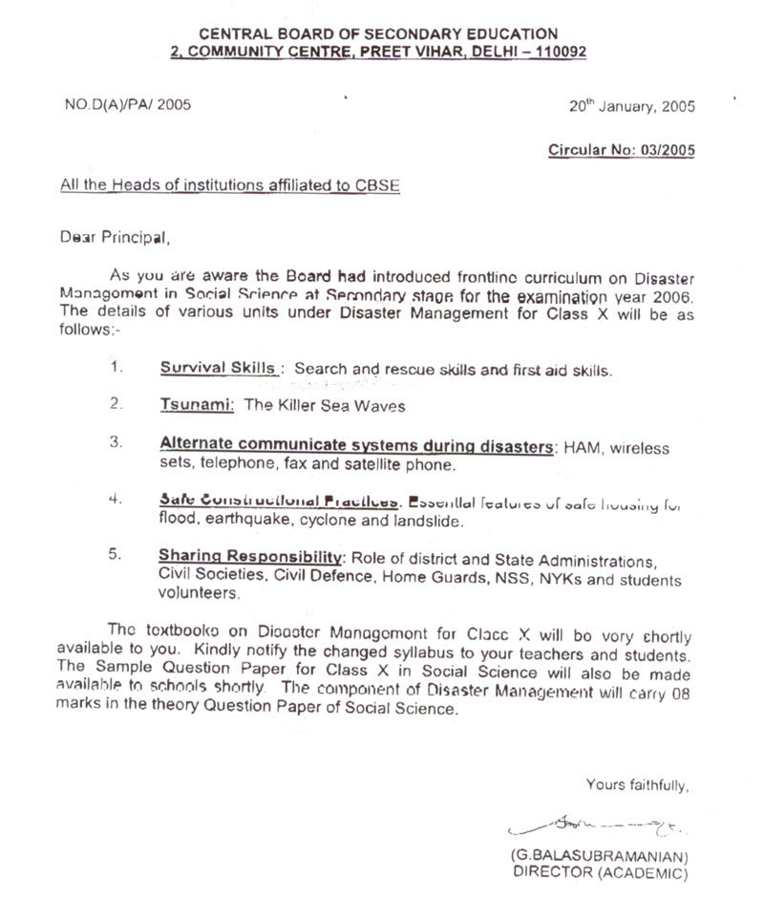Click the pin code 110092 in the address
click(x=559, y=52)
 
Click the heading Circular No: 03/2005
click(x=621, y=150)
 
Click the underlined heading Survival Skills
click(x=219, y=368)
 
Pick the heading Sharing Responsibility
click(x=251, y=557)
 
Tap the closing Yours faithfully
click(x=636, y=785)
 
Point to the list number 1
click(x=115, y=368)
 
